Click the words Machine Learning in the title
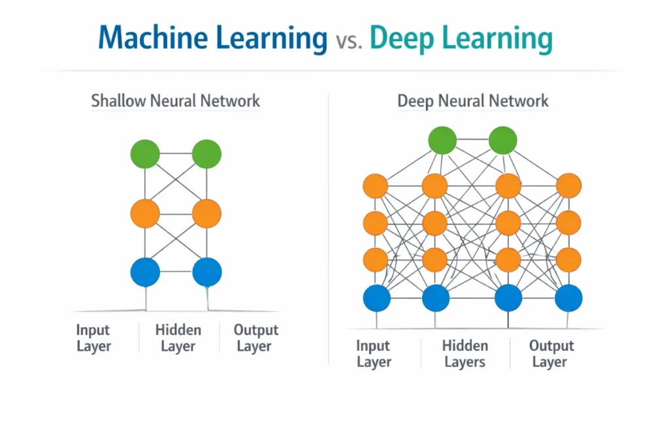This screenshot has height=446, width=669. [212, 39]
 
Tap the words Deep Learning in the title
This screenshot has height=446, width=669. [461, 39]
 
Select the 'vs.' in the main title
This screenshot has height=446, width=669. [348, 40]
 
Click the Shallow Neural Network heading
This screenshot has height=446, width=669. [176, 101]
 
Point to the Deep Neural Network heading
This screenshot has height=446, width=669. [473, 101]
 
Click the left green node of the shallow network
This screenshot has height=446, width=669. [145, 154]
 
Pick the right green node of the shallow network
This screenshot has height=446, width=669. [206, 154]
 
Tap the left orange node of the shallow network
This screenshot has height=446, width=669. [145, 214]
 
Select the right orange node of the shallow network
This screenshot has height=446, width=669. [206, 214]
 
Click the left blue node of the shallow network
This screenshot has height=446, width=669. [145, 272]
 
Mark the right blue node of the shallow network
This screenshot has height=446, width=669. [206, 272]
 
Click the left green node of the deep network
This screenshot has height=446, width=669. [442, 140]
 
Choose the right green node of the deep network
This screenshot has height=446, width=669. [503, 140]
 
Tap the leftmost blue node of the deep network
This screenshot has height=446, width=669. [376, 298]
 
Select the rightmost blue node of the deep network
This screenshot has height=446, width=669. [568, 298]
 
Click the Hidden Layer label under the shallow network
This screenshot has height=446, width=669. [178, 338]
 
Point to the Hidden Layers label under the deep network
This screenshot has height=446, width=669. [465, 353]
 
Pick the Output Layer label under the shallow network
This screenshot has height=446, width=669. [255, 338]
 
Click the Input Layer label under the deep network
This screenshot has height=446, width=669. [373, 353]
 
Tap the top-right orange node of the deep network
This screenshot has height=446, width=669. [568, 186]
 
